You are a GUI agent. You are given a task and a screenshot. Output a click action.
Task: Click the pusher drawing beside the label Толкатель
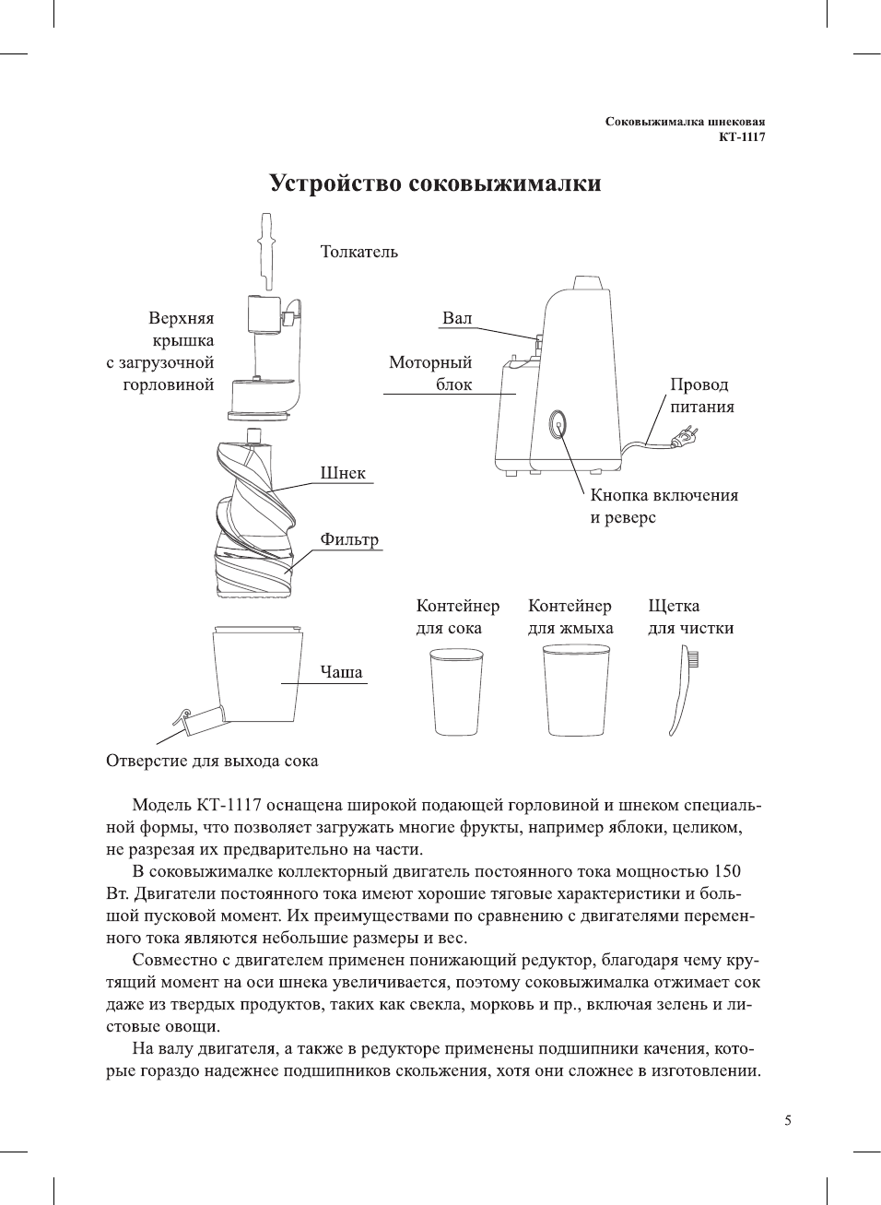tap(266, 252)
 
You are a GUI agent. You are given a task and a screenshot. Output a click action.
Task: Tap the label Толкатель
tap(358, 252)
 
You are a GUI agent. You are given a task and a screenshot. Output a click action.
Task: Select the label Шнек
tap(343, 473)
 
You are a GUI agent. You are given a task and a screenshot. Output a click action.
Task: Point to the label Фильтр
tap(349, 539)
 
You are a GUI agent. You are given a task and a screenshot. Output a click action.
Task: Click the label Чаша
tap(341, 672)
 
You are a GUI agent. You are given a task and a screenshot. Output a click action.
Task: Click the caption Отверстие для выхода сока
tap(212, 761)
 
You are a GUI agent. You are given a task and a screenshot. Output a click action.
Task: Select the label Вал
tap(457, 318)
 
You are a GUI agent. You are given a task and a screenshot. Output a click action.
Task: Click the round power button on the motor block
tap(557, 425)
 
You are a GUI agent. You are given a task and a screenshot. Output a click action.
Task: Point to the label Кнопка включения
tap(664, 495)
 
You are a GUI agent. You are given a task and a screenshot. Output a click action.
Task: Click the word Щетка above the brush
tap(674, 606)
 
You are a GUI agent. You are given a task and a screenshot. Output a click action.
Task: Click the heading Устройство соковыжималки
tap(435, 183)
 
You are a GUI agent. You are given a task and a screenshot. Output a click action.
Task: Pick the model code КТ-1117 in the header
tap(742, 137)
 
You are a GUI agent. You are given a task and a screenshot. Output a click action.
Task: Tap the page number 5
tap(787, 1120)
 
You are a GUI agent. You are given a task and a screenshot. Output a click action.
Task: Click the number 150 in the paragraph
tap(727, 871)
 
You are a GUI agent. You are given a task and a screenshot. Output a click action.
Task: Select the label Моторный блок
tap(430, 373)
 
